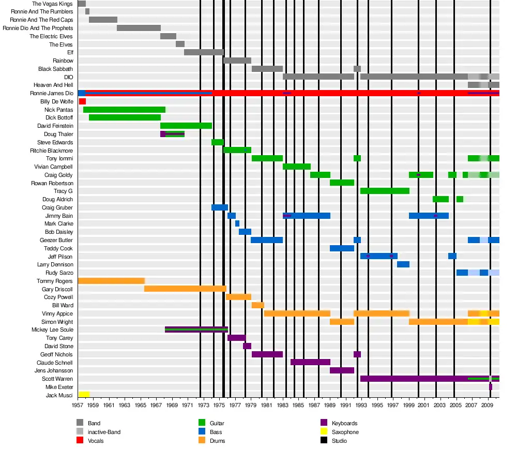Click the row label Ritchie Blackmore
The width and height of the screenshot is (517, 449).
51,151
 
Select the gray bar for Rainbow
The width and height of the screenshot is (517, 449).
237,61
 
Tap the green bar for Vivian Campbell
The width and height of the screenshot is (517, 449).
297,167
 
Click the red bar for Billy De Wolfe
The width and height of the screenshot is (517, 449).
82,101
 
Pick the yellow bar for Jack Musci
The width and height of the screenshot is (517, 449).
84,395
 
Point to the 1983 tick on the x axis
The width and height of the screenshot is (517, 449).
283,406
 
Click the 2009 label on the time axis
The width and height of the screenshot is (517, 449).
486,406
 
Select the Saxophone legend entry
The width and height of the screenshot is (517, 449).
345,432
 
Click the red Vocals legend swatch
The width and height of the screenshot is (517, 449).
80,441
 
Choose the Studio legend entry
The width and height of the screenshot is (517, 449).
339,441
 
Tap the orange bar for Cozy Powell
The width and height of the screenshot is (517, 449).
238,297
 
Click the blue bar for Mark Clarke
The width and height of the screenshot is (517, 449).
237,223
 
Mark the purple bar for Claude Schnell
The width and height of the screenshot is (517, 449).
310,362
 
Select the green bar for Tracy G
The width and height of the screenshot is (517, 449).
385,191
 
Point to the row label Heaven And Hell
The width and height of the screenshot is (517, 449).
53,85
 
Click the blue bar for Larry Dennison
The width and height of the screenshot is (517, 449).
403,264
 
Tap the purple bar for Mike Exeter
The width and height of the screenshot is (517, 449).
491,387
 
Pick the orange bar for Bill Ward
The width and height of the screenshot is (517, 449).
258,305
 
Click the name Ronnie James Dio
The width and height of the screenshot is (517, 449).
52,93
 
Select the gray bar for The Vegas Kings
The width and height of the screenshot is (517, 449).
82,4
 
